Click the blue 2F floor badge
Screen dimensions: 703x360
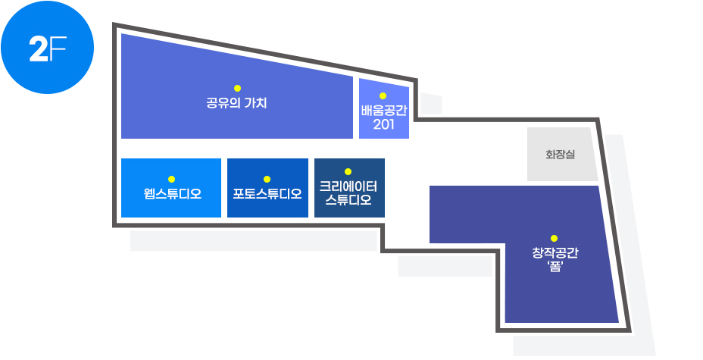[x=47, y=47]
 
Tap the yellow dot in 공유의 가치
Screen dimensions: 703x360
[x=237, y=89]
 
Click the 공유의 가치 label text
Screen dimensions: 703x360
[x=236, y=103]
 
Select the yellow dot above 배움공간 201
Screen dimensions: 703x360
[x=383, y=96]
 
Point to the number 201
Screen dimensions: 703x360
[x=384, y=124]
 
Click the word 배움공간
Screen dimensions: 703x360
[x=384, y=111]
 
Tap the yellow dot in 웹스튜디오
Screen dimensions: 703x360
[x=171, y=180]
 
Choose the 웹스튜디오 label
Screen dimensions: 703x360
[x=173, y=194]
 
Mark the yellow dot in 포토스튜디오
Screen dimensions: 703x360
[x=267, y=180]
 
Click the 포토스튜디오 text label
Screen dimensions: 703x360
[x=267, y=194]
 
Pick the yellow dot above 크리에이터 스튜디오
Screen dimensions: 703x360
[x=348, y=172]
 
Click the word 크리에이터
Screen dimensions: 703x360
[x=348, y=186]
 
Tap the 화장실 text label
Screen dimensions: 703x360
[x=560, y=155]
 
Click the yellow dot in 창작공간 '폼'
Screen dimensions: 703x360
[x=555, y=238]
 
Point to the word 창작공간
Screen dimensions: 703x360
[x=555, y=253]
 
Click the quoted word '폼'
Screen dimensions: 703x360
[x=555, y=267]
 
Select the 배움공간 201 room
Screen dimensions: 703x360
[x=384, y=109]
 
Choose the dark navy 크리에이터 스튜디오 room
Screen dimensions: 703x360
[x=349, y=188]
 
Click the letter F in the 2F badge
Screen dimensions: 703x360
[x=58, y=49]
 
